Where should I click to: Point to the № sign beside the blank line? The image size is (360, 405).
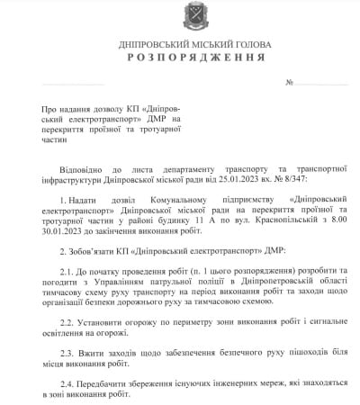pyautogui.click(x=290, y=83)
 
